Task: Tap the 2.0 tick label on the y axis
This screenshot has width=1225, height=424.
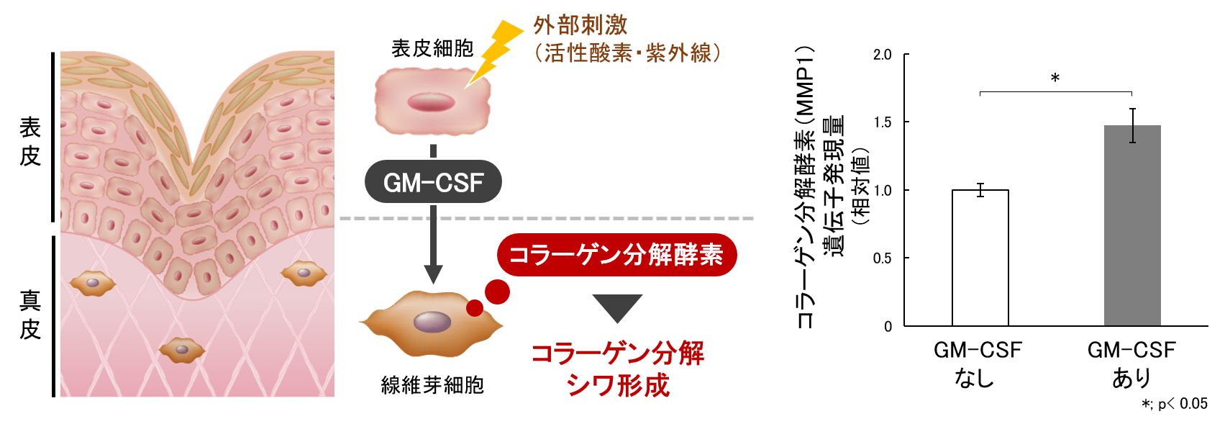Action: coord(882,55)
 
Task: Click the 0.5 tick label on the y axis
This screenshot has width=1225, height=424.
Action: coord(882,258)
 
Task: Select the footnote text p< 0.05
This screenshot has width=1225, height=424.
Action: coord(1182,404)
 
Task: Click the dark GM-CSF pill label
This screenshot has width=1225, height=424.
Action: coord(433,182)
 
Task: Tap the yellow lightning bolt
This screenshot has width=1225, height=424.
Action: coord(496,50)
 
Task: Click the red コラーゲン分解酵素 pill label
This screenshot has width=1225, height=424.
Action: coord(616,255)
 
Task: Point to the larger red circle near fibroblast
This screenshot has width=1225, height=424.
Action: coord(497,292)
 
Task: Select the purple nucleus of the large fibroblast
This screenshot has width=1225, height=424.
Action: coord(432,322)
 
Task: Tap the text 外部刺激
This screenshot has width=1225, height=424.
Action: coord(580,25)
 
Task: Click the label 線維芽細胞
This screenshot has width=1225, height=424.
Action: coord(432,385)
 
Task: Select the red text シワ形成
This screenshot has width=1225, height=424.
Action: coord(618,385)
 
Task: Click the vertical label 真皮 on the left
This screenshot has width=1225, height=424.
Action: coord(30,315)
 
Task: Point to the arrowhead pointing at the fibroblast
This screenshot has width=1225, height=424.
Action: coord(433,274)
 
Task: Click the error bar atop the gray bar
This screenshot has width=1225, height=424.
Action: coord(1132,125)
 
